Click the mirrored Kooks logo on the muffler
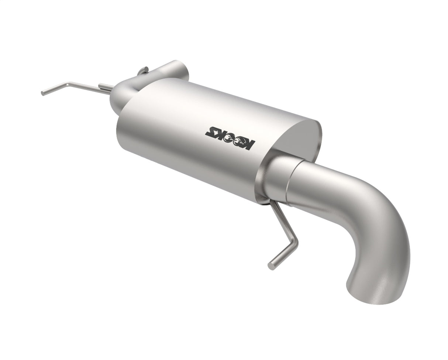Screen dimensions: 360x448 click(x=230, y=138)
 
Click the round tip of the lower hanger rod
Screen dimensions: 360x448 click(x=271, y=266)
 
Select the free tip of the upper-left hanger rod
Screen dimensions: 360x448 click(x=43, y=93)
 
